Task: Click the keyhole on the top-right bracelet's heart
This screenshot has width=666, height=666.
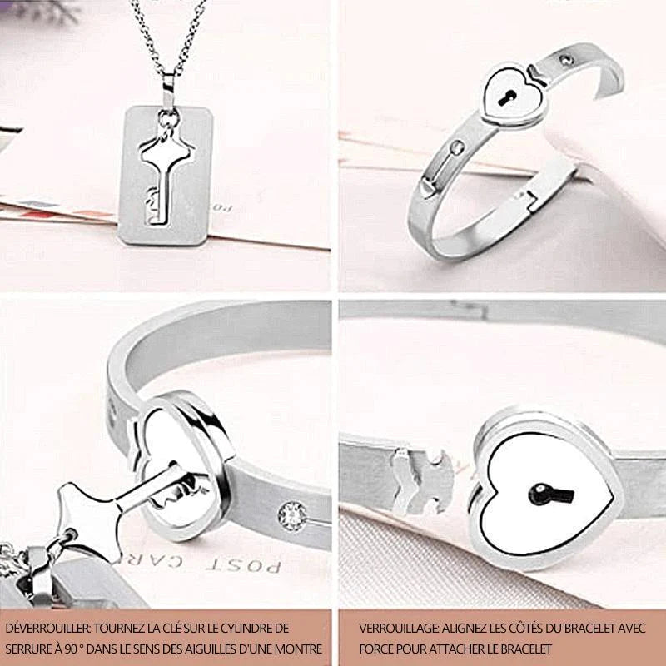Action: (x=507, y=98)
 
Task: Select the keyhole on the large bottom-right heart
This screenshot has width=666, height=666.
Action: (x=550, y=495)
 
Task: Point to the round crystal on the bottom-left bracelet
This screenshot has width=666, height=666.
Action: (x=292, y=516)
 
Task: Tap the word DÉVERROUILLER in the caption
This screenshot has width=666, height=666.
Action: (x=47, y=628)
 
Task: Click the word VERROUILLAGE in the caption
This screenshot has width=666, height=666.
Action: (x=398, y=628)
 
